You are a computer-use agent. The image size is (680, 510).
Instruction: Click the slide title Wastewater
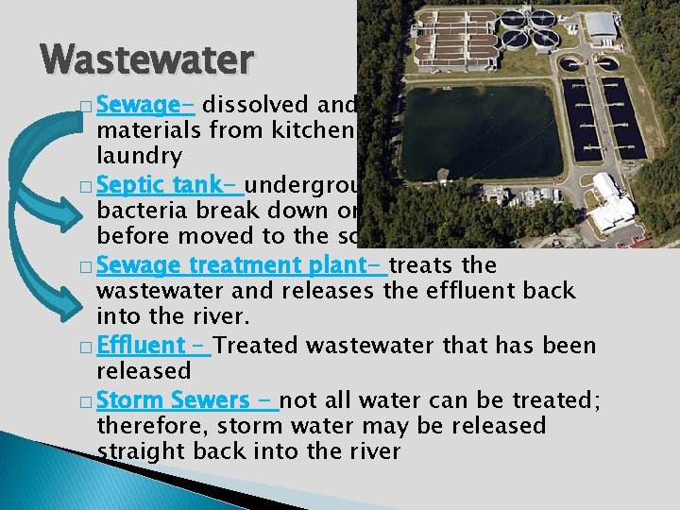(x=147, y=59)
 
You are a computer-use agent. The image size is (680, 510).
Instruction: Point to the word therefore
(x=151, y=425)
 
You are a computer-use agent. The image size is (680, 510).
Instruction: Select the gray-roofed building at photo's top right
(x=601, y=25)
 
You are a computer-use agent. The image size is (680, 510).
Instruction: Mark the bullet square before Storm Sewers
(x=86, y=399)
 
